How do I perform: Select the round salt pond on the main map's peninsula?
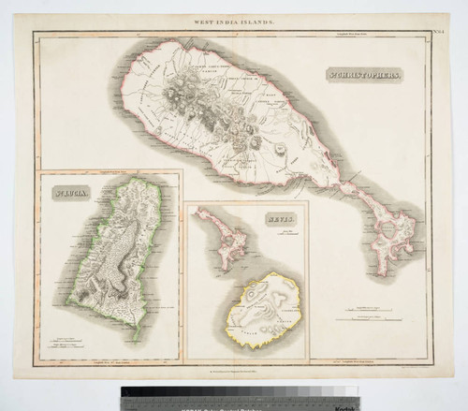[x=390, y=228]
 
